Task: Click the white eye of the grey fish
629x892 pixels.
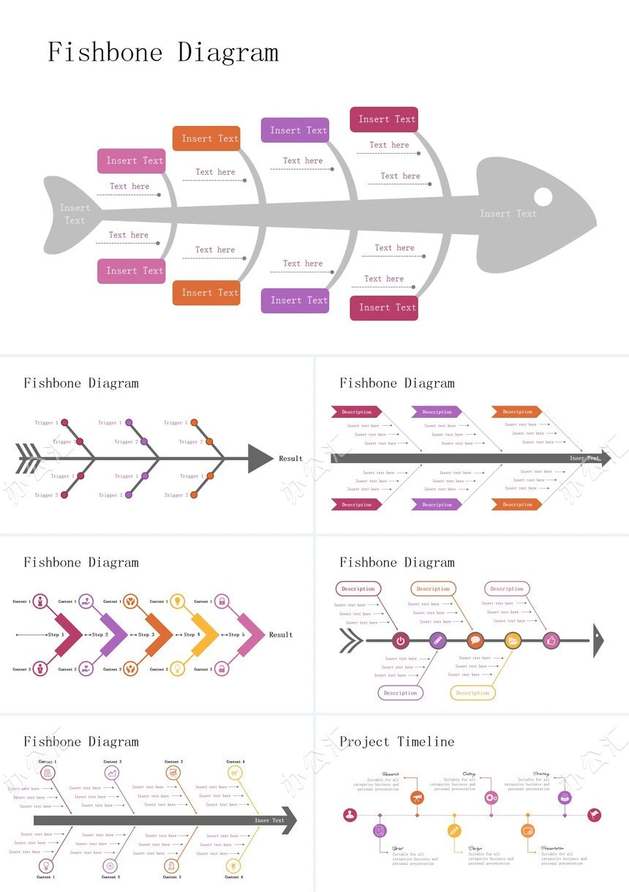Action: coord(543,197)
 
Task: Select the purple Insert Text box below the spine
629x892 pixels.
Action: coord(299,300)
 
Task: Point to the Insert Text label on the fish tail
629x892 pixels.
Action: coord(75,214)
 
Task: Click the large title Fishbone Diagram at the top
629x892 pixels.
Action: coord(163,53)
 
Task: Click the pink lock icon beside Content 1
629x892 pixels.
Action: coord(222,601)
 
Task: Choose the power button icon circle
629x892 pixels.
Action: coord(400,641)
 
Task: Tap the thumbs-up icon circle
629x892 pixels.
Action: coord(551,641)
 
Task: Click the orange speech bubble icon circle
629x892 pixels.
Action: coord(475,641)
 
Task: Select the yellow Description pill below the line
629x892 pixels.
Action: coord(472,693)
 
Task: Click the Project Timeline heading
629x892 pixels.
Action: coord(397,741)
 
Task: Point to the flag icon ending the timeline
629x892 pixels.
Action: coord(594,814)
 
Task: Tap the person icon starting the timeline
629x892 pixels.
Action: coord(350,814)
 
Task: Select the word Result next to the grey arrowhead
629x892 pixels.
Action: coord(290,459)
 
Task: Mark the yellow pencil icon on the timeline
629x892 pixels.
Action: coord(454,831)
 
